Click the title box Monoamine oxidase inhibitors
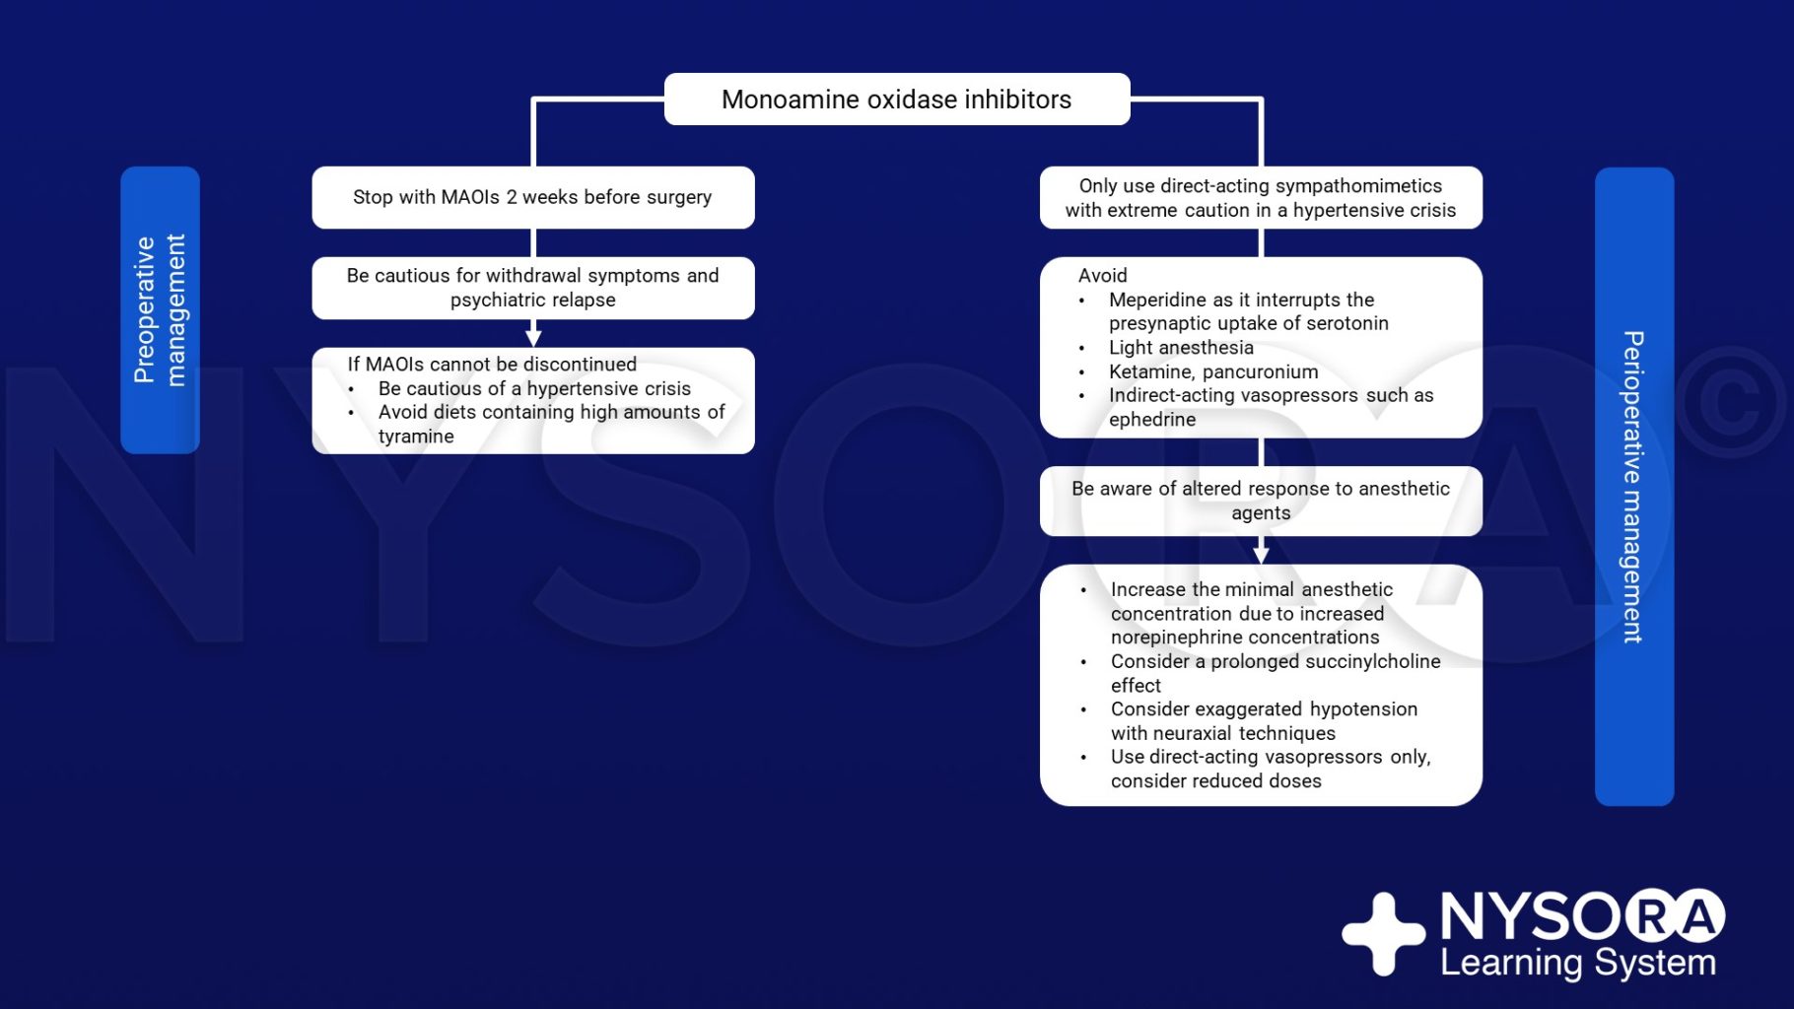click(897, 99)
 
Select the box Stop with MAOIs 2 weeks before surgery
click(533, 197)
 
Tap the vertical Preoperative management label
click(160, 309)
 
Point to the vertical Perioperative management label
click(1634, 487)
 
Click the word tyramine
click(416, 437)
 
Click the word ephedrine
click(1152, 420)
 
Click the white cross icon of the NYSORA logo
click(1383, 934)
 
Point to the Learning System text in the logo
click(1578, 962)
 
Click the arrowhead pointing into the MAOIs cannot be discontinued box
click(533, 338)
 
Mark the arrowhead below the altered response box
click(1261, 555)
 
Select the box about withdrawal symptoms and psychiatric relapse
click(533, 288)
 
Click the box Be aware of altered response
click(1261, 501)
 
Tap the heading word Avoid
click(1102, 276)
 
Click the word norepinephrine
click(1181, 638)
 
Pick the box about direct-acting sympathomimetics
click(1261, 197)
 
